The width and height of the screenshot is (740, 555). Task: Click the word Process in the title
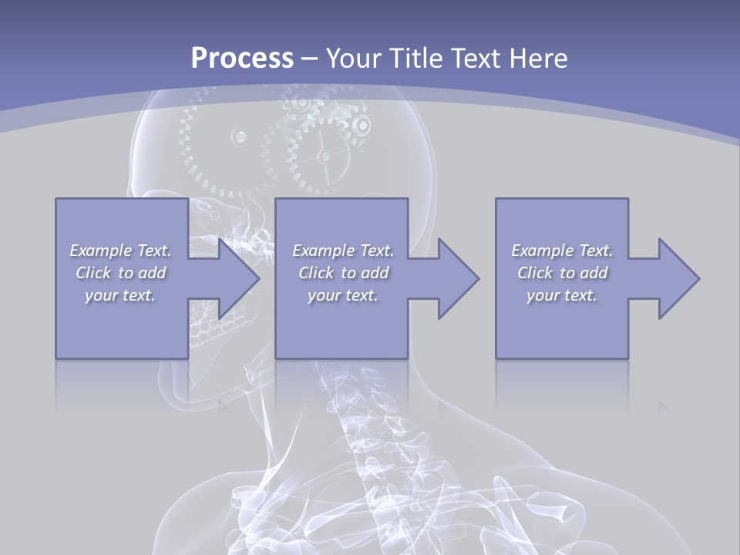(x=242, y=58)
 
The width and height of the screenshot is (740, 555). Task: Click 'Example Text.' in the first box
(x=120, y=251)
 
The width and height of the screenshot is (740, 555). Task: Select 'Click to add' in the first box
(x=120, y=273)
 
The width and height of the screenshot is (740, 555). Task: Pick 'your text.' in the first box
(x=120, y=295)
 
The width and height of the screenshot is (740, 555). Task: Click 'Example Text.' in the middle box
(x=343, y=251)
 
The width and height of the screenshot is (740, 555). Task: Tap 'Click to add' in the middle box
(x=343, y=273)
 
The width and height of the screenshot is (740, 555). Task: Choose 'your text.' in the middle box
(x=343, y=295)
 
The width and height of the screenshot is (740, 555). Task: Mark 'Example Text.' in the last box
(x=562, y=251)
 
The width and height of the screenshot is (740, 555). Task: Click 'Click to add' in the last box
(x=562, y=273)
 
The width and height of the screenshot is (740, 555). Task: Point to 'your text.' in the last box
(x=562, y=295)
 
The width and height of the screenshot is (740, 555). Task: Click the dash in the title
(x=310, y=59)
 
